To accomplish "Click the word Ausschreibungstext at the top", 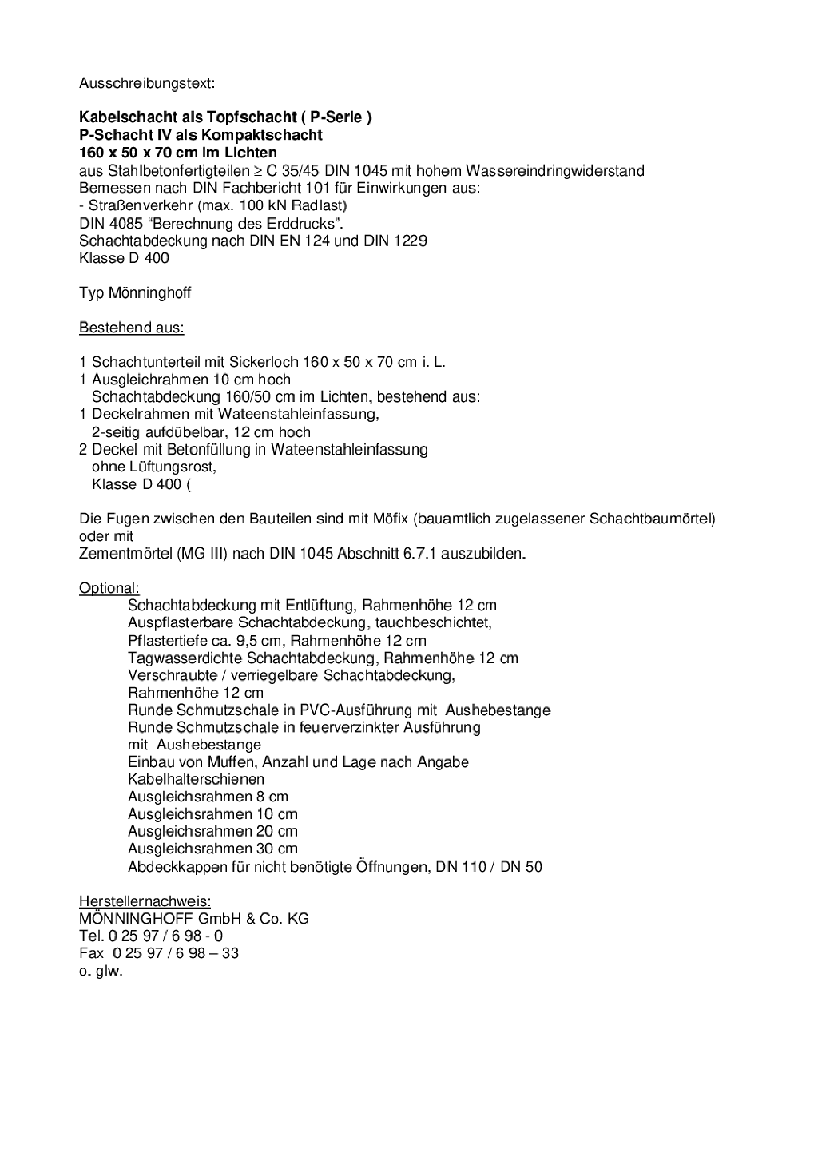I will (x=147, y=83).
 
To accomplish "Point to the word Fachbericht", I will (x=260, y=189).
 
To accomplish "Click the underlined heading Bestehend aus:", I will (x=131, y=328).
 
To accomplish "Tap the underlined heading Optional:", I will (x=109, y=589).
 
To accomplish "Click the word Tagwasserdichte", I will (x=185, y=658).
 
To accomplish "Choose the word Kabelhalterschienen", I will (x=196, y=779).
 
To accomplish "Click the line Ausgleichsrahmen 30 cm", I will (x=212, y=849).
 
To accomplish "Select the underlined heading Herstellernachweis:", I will (x=145, y=901).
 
